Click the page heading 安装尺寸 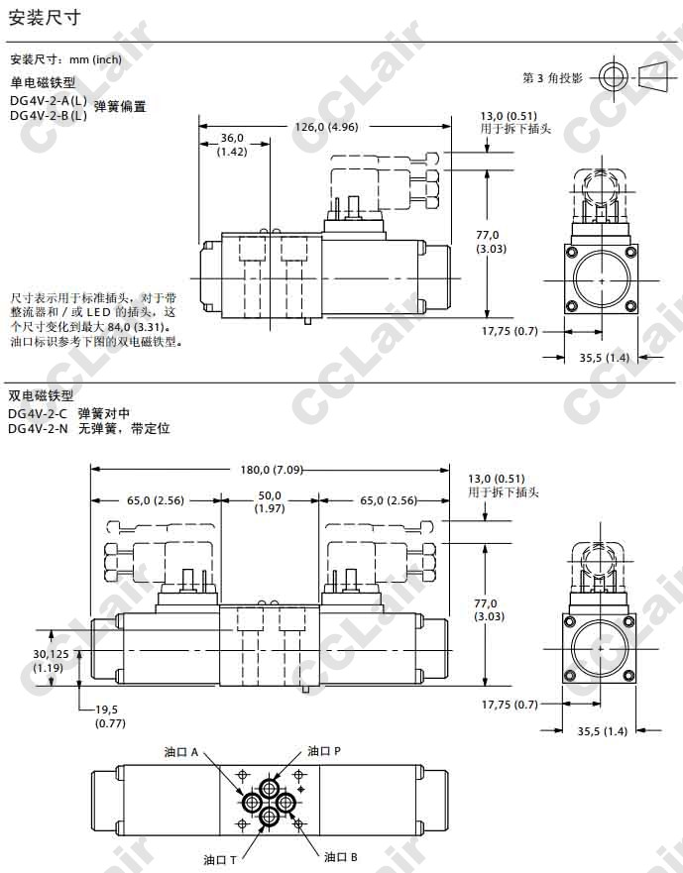pyautogui.click(x=45, y=18)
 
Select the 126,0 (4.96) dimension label pyautogui.click(x=326, y=127)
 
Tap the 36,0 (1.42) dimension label pyautogui.click(x=232, y=145)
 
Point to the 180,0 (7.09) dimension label pyautogui.click(x=272, y=470)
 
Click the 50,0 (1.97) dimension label pyautogui.click(x=270, y=501)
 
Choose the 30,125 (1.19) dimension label pyautogui.click(x=51, y=661)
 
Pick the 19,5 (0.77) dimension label pyautogui.click(x=110, y=716)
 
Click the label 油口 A pyautogui.click(x=181, y=752)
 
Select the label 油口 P pyautogui.click(x=324, y=751)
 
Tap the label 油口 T pyautogui.click(x=219, y=860)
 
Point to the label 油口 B pyautogui.click(x=341, y=857)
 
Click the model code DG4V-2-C pyautogui.click(x=38, y=413)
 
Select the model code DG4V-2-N pyautogui.click(x=38, y=429)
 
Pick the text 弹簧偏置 pyautogui.click(x=120, y=106)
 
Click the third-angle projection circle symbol pyautogui.click(x=614, y=77)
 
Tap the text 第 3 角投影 pyautogui.click(x=552, y=78)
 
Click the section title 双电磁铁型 pyautogui.click(x=41, y=395)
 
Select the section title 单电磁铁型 pyautogui.click(x=43, y=83)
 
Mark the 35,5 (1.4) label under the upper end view pyautogui.click(x=604, y=358)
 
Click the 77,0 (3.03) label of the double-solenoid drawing pyautogui.click(x=489, y=609)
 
